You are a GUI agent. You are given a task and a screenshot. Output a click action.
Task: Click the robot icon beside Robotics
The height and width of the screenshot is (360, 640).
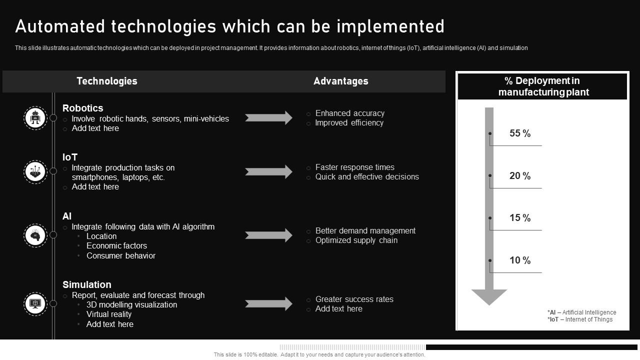click(35, 118)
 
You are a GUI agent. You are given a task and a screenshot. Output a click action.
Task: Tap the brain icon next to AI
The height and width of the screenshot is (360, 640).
click(35, 235)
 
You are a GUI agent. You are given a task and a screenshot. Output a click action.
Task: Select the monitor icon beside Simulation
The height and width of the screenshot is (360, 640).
click(35, 303)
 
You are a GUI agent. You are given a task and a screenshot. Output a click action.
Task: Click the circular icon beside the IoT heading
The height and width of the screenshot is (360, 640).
click(35, 171)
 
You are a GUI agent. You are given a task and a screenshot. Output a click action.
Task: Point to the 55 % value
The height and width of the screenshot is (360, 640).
click(520, 133)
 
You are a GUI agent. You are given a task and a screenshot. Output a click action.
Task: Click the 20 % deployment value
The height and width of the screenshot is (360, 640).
click(520, 176)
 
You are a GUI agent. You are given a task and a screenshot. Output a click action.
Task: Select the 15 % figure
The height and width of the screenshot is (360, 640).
click(520, 218)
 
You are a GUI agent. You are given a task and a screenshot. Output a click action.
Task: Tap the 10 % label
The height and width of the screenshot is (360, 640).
click(520, 260)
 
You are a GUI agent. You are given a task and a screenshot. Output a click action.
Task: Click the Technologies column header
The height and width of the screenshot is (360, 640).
click(106, 81)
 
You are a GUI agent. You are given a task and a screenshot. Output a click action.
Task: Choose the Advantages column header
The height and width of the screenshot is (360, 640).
click(341, 81)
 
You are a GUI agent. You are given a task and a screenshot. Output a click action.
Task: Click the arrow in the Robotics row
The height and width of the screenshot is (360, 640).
click(268, 118)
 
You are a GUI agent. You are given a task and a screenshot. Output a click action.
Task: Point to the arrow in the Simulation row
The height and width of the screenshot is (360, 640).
click(268, 303)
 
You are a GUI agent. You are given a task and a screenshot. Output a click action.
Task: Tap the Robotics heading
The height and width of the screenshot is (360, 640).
click(82, 108)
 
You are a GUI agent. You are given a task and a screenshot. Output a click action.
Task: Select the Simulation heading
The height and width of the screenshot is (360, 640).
click(87, 284)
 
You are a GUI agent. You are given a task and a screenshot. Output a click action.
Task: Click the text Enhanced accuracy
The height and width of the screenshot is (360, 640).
click(350, 113)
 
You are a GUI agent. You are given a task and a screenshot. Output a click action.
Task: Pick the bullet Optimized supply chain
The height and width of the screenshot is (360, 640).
click(356, 240)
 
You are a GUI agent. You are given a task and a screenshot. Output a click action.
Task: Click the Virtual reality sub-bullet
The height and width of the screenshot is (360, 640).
click(109, 314)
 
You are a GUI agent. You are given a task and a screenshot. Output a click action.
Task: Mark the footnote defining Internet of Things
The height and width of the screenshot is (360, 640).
click(580, 319)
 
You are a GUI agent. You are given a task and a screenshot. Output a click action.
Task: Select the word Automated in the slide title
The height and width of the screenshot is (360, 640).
click(60, 26)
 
